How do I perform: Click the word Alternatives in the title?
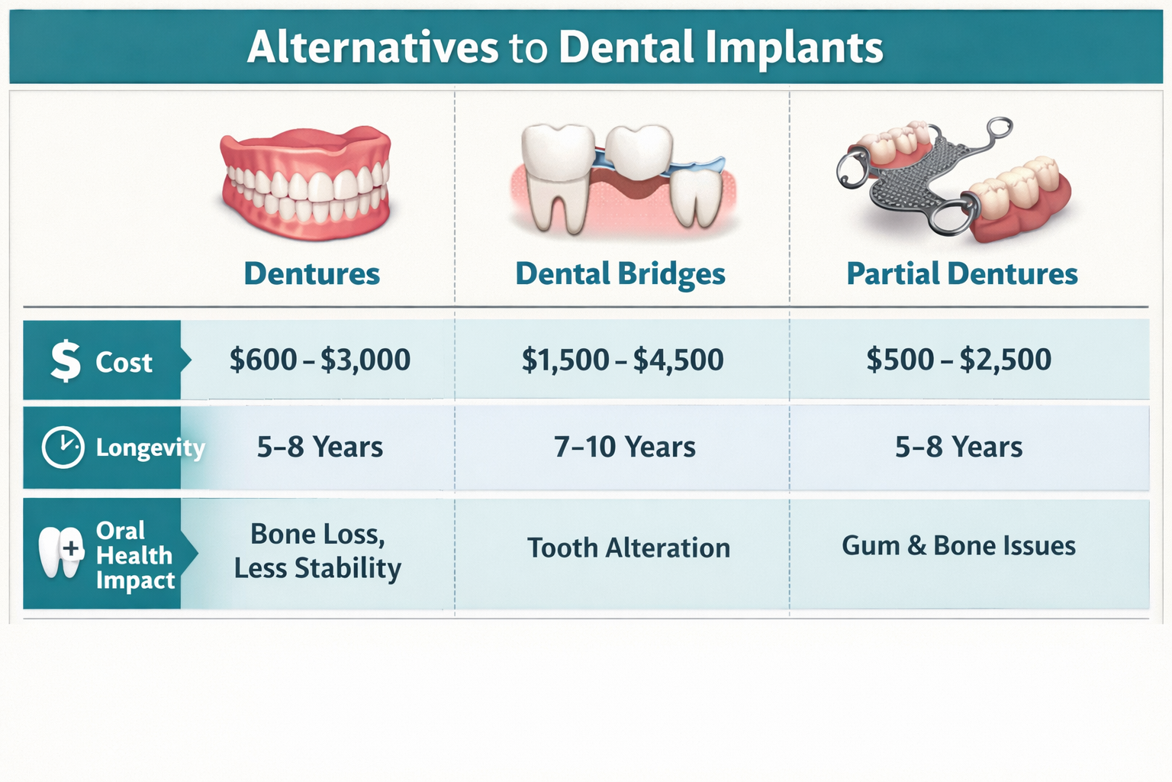point(372,47)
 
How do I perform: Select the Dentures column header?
point(311,273)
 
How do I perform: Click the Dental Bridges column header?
point(620,273)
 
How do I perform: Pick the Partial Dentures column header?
point(961,273)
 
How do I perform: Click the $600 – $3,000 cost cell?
point(320,360)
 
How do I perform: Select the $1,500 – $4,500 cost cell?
point(622,360)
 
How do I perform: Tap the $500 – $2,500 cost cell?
point(958,360)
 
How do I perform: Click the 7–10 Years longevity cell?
point(624,447)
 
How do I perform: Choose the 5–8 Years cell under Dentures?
point(320,447)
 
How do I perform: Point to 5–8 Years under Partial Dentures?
point(958,447)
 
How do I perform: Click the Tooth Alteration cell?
point(628,548)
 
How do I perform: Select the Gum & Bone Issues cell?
point(958,546)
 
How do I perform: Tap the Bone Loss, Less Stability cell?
point(317,551)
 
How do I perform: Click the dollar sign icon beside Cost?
point(66,360)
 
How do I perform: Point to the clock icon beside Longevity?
point(63,447)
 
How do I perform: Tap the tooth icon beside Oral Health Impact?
point(61,551)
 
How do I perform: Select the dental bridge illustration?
point(622,179)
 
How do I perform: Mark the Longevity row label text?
point(150,448)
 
